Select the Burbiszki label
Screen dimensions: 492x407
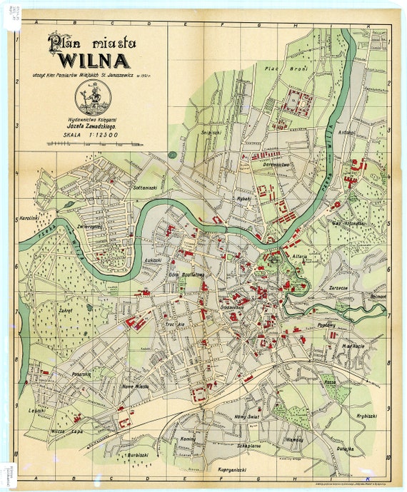click(x=137, y=453)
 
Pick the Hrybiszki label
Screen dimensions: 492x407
click(x=366, y=415)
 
